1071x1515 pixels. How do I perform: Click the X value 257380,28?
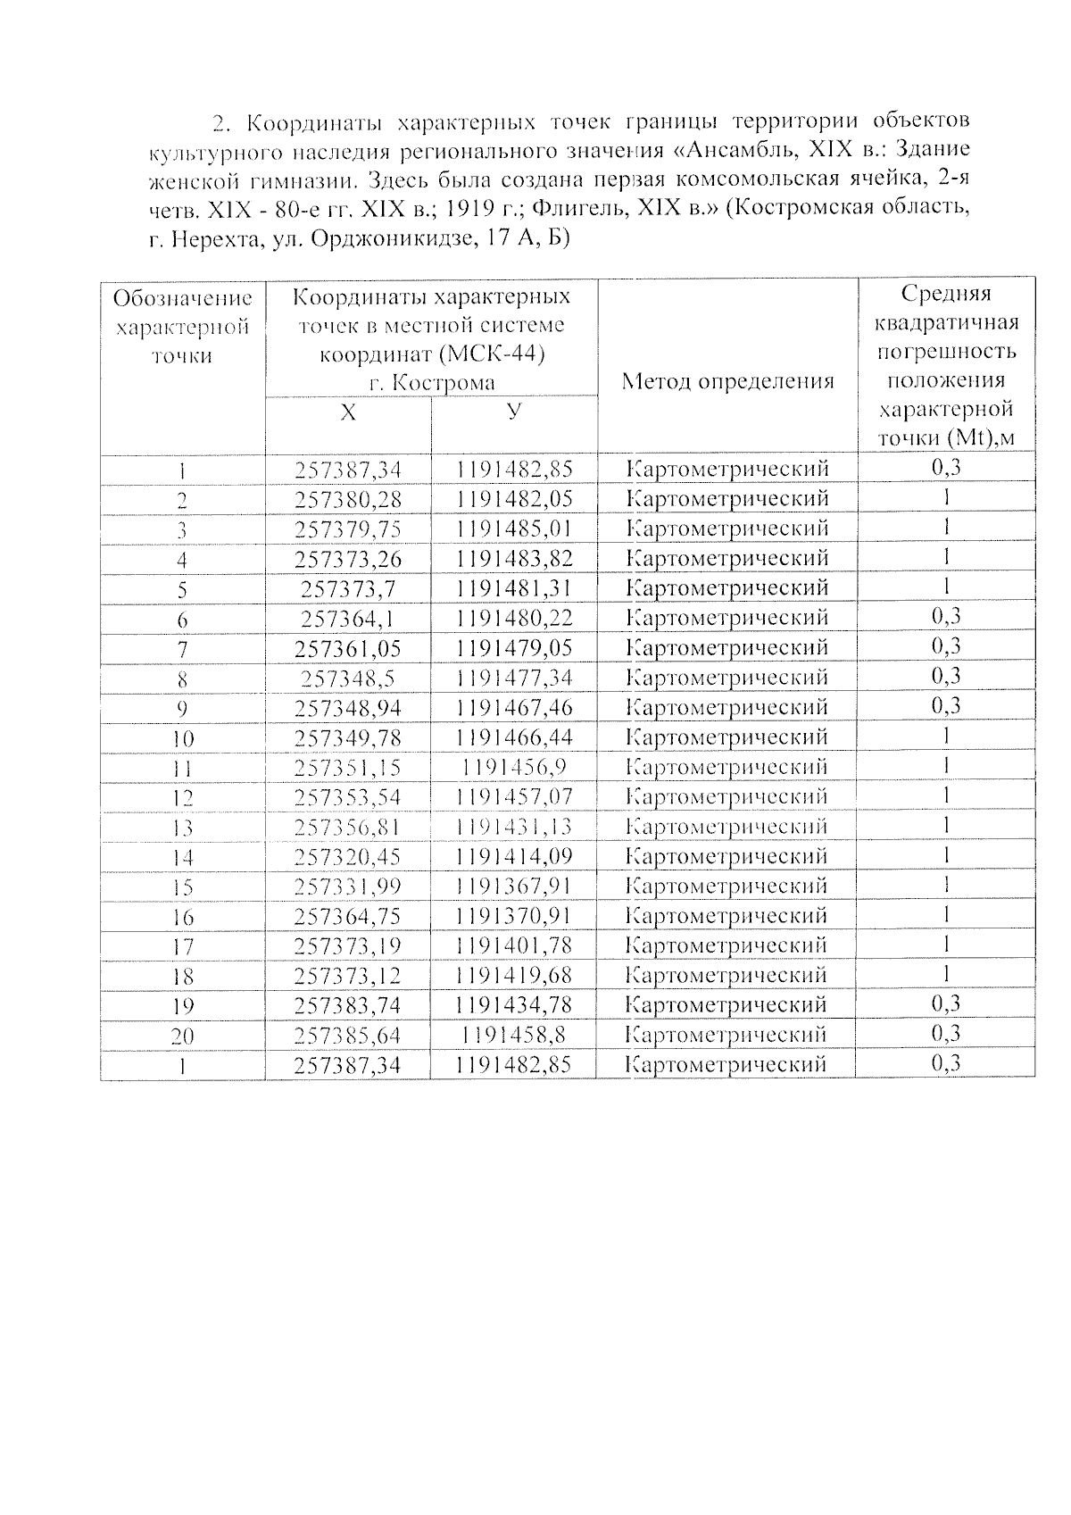click(x=348, y=498)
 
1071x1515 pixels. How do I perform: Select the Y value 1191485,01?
click(x=513, y=529)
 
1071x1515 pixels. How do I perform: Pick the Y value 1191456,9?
click(x=513, y=767)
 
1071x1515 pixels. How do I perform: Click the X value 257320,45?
click(x=348, y=857)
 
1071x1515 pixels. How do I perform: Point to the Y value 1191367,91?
click(x=513, y=887)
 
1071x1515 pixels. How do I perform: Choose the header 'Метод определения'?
click(x=727, y=382)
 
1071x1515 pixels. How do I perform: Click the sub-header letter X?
click(x=348, y=412)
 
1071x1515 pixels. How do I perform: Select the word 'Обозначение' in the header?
click(x=182, y=298)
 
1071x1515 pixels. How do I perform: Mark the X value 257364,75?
click(x=348, y=917)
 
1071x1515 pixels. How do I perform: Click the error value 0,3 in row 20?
click(x=946, y=1034)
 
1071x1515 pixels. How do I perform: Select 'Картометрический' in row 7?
click(x=727, y=647)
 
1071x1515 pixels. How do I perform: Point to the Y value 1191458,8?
click(x=513, y=1036)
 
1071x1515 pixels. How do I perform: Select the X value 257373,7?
click(x=348, y=589)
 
